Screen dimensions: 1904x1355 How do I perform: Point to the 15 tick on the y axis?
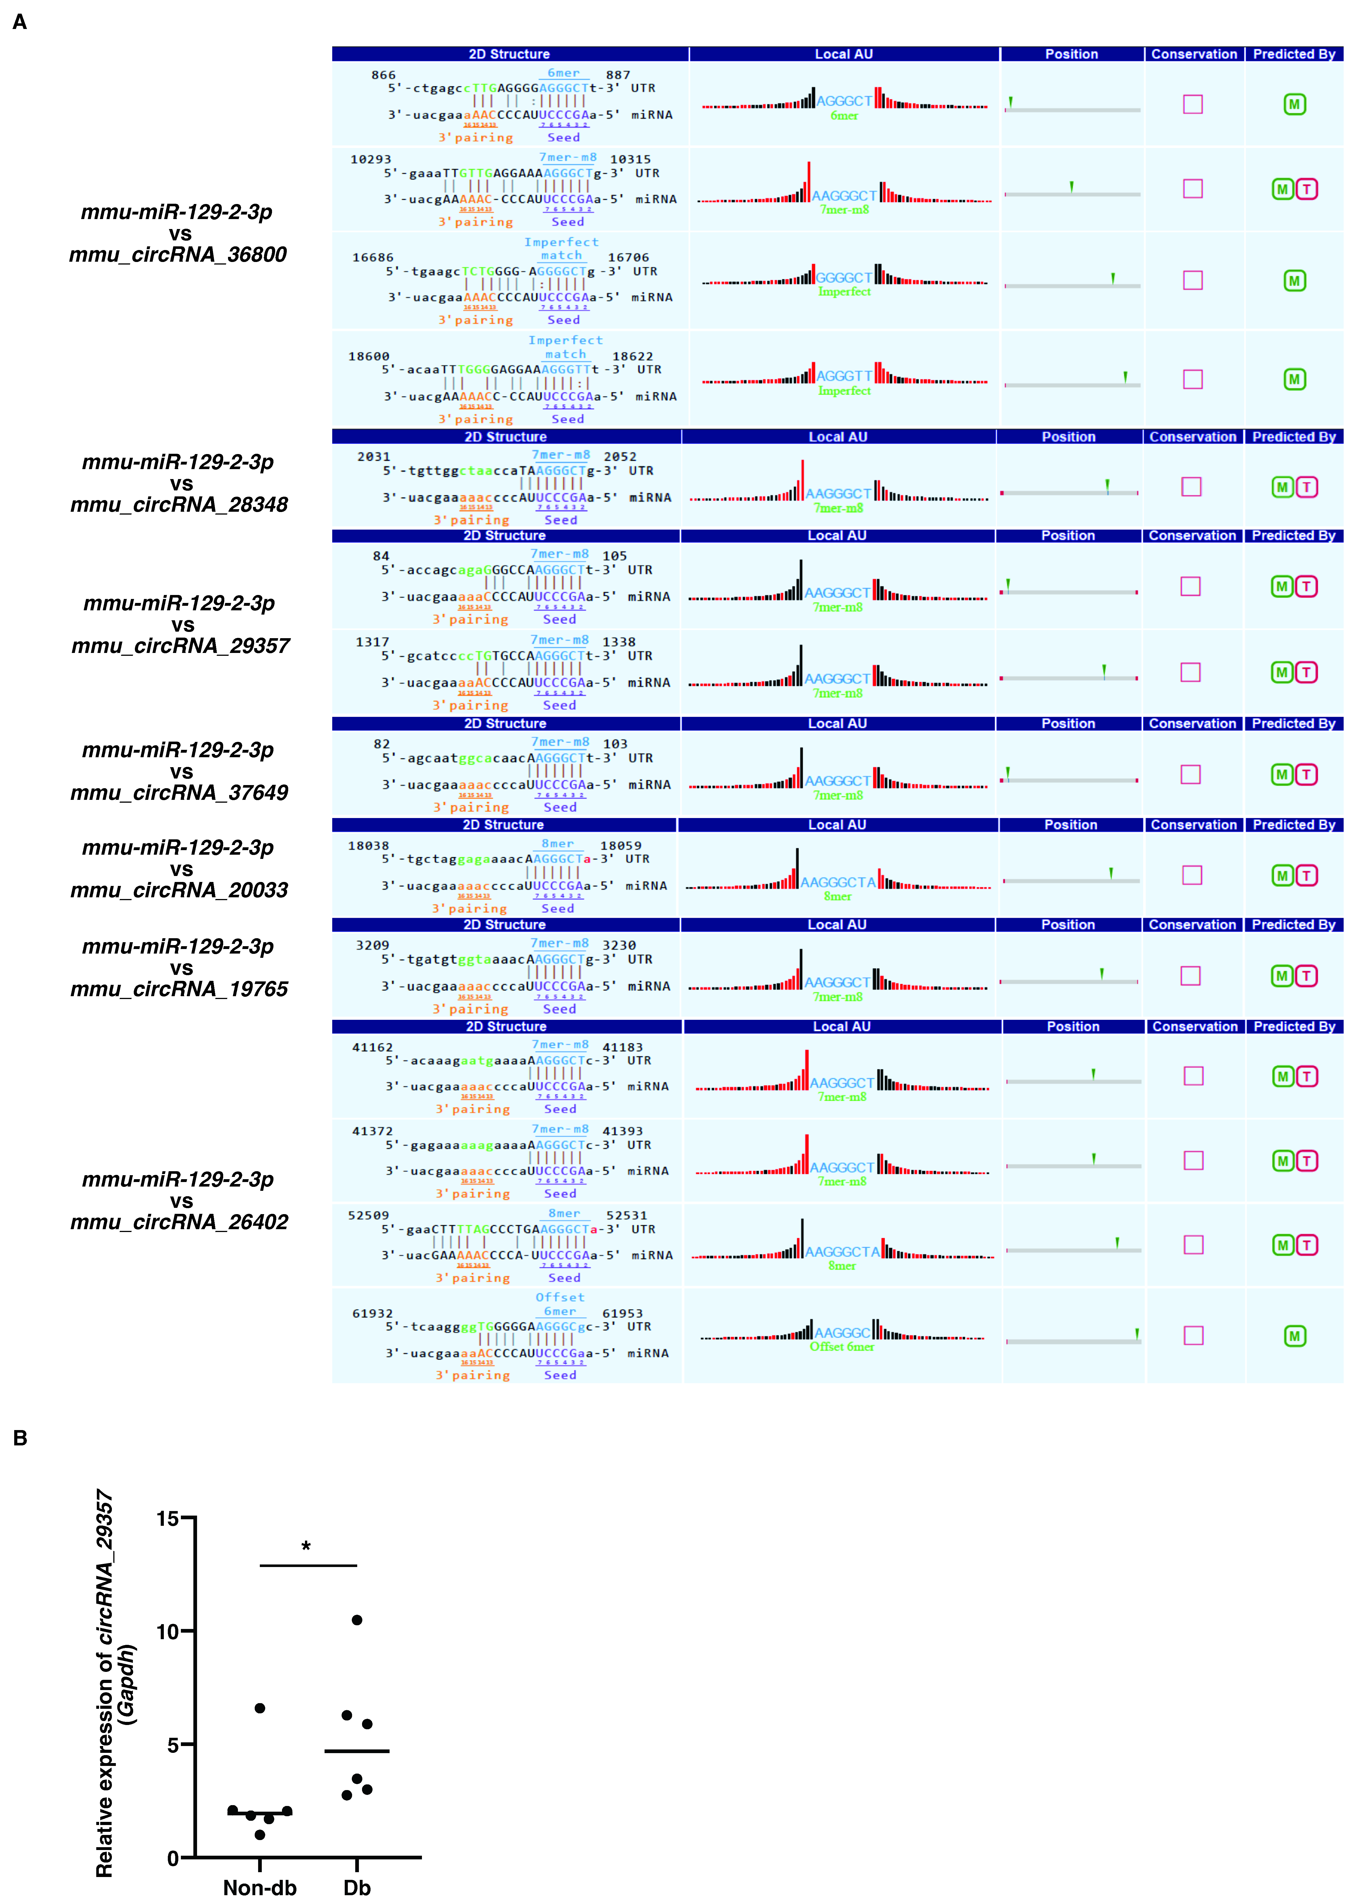pyautogui.click(x=168, y=1518)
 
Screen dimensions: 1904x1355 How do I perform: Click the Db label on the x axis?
pyautogui.click(x=357, y=1887)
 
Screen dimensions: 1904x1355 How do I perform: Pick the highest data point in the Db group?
pyautogui.click(x=357, y=1619)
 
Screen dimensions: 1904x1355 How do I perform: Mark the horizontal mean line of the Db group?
pyautogui.click(x=357, y=1750)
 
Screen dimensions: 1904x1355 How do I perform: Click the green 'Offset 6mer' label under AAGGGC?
pyautogui.click(x=842, y=1347)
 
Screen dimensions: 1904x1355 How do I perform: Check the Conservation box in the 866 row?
pyautogui.click(x=1193, y=104)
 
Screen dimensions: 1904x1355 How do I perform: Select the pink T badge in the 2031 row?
pyautogui.click(x=1307, y=488)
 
